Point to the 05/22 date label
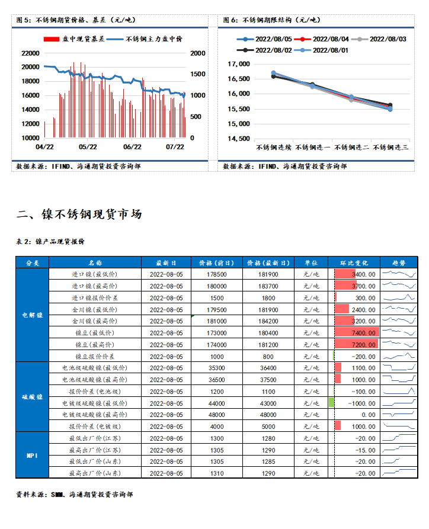88,146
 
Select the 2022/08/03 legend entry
382,39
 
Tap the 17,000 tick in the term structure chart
239,64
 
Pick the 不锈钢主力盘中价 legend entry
147,39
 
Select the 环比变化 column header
353,262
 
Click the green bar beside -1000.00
331,403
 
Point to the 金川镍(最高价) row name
95,321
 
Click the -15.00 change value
364,450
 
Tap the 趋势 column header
398,262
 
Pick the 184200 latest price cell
268,321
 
